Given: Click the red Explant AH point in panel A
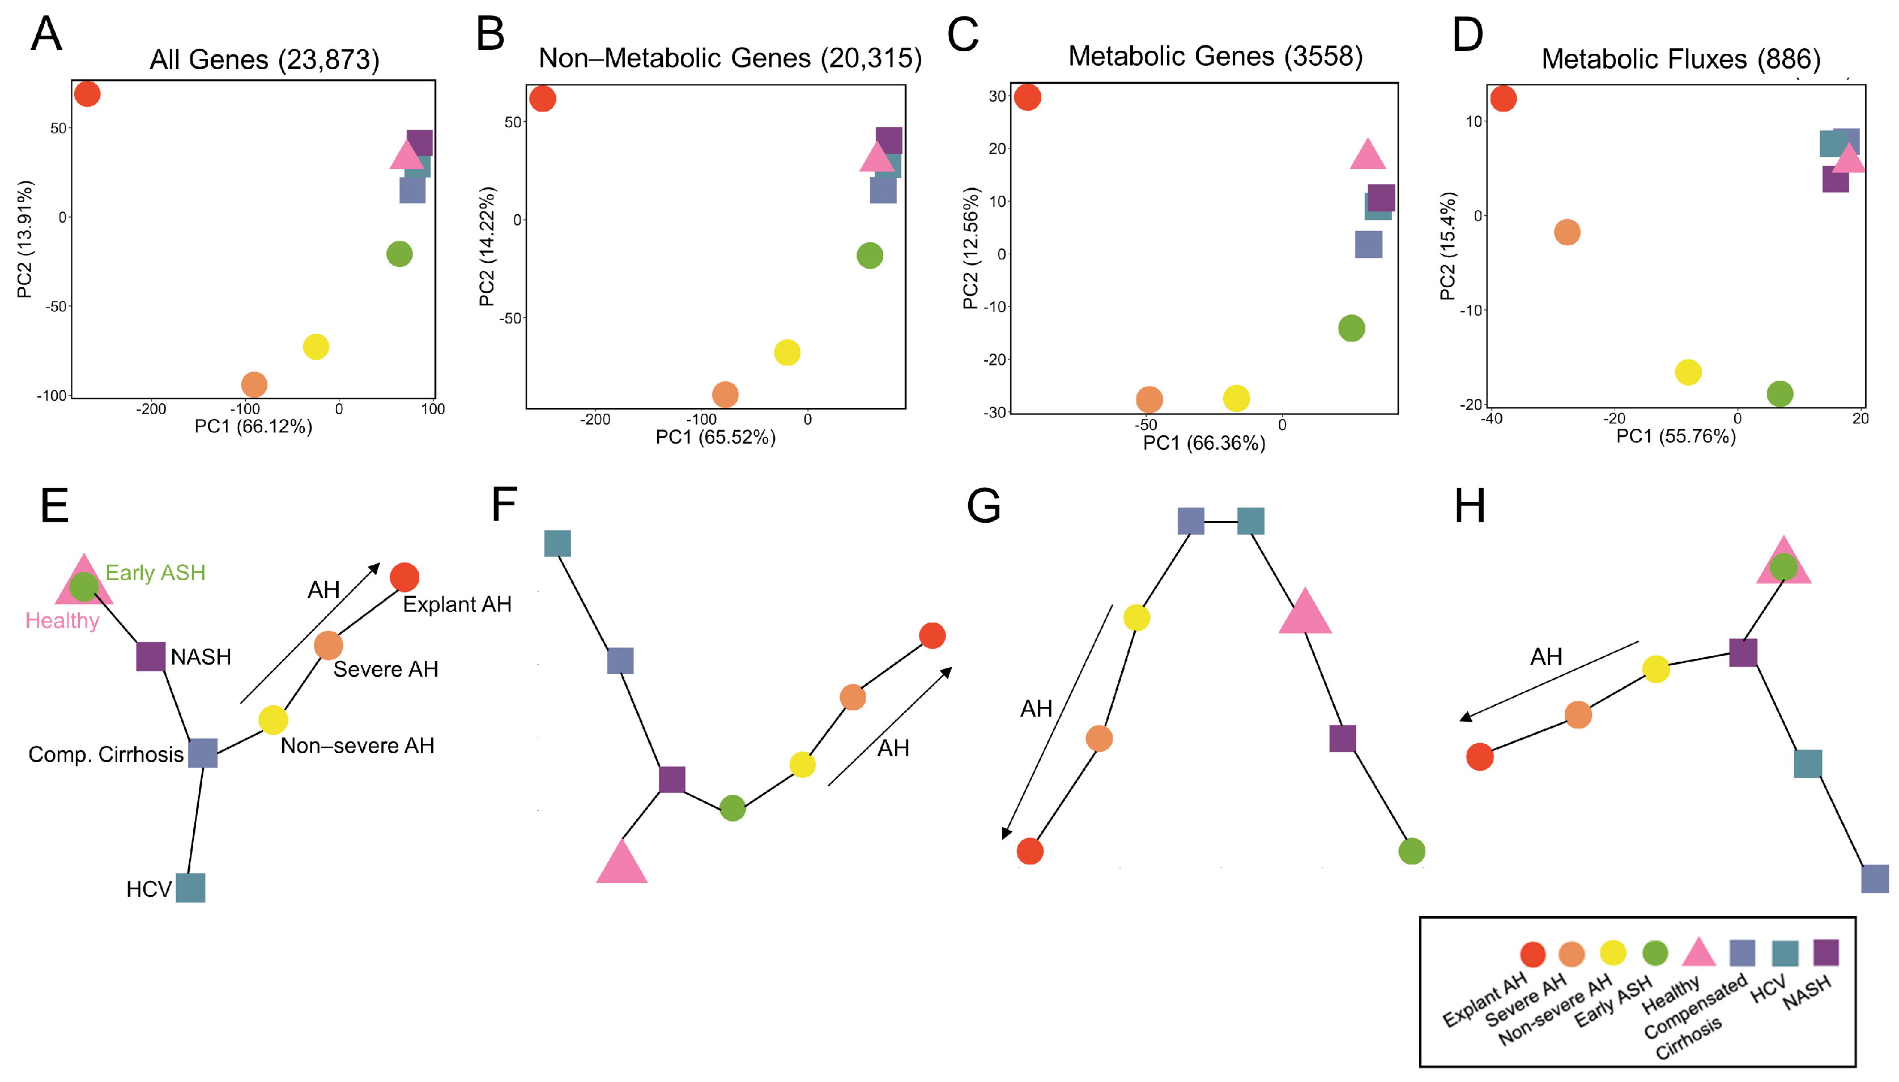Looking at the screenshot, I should coord(87,95).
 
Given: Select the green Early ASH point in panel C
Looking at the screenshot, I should coord(1351,328).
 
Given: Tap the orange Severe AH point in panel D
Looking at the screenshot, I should coord(1567,232).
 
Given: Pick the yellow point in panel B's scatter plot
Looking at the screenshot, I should coord(787,352).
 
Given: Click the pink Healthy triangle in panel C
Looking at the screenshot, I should coord(1368,155).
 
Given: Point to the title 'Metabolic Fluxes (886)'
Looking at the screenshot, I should coord(1680,59).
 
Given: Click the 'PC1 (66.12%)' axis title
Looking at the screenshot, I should coord(253,427).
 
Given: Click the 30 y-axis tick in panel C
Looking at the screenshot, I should coord(997,96).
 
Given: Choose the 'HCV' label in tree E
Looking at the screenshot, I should coord(148,889).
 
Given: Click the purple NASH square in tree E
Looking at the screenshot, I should coord(151,656).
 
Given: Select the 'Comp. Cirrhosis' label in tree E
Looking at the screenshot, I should coord(105,754).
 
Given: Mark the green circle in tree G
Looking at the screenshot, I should coord(1411,851).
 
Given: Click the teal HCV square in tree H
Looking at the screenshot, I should coord(1808,763).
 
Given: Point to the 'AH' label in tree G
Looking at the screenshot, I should coord(1036,709).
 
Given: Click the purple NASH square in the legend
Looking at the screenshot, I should coord(1825,952).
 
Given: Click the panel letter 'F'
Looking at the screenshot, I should coord(504,505).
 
